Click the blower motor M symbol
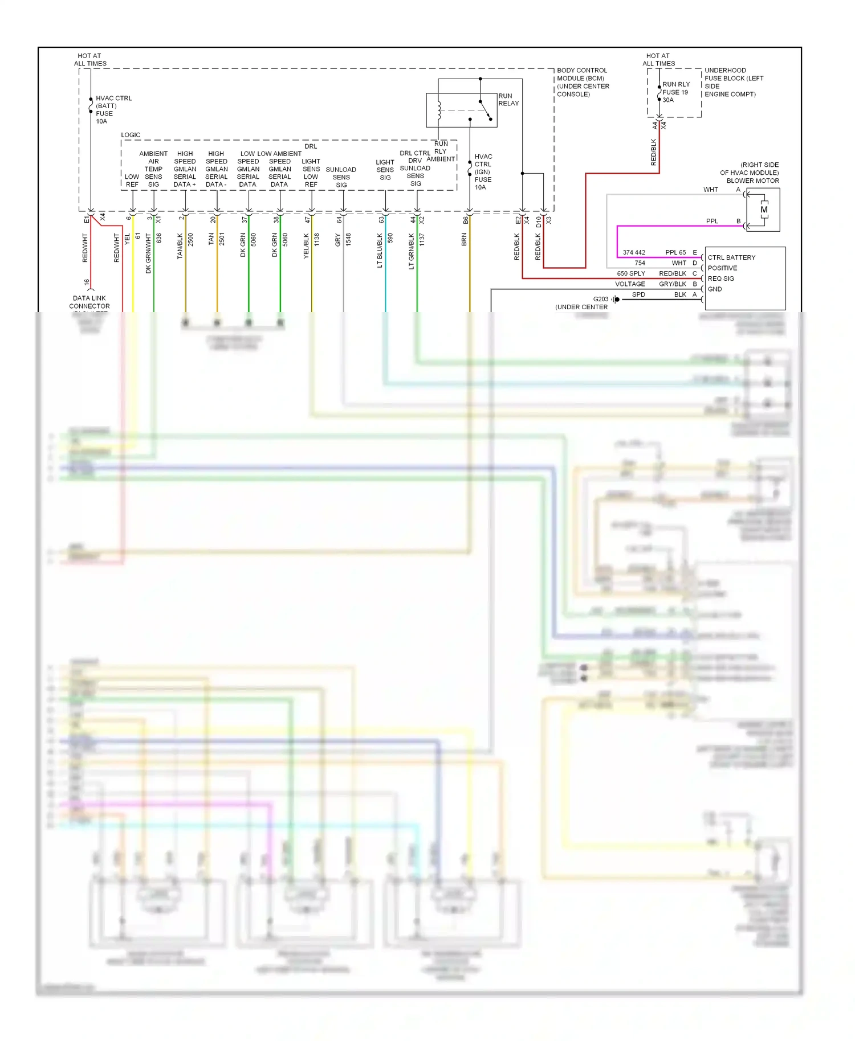click(764, 210)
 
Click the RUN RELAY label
click(508, 100)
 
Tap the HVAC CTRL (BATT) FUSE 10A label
click(113, 109)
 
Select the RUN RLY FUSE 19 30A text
click(675, 92)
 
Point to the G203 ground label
click(600, 299)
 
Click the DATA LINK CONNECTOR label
click(89, 302)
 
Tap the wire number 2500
click(190, 239)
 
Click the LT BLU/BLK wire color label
click(380, 250)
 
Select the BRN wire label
click(464, 239)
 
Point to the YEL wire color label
click(127, 239)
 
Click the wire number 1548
click(348, 239)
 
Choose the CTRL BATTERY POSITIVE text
click(731, 263)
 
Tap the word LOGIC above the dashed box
click(131, 135)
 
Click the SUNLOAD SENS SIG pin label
click(341, 177)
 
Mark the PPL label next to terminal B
click(712, 221)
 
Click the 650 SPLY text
click(630, 273)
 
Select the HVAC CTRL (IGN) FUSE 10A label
click(483, 171)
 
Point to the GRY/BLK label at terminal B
click(673, 284)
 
